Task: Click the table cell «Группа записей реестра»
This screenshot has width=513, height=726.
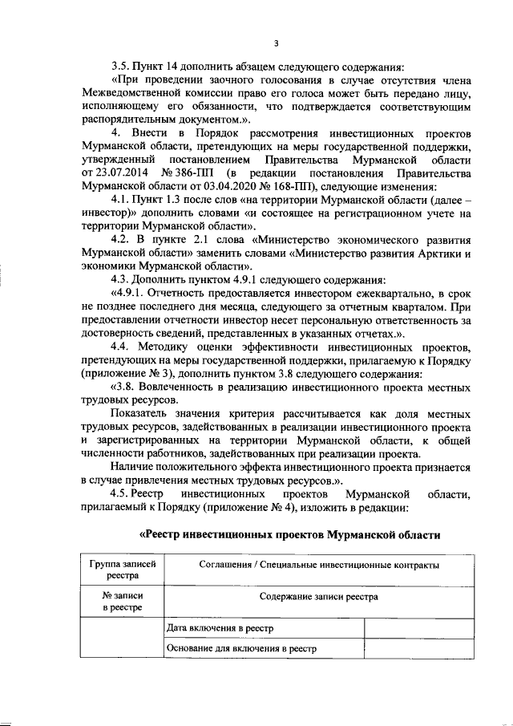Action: pyautogui.click(x=122, y=570)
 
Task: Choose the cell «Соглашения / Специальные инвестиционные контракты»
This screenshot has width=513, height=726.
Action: pyautogui.click(x=318, y=565)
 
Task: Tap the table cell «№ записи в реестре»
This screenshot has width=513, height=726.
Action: pyautogui.click(x=122, y=602)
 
